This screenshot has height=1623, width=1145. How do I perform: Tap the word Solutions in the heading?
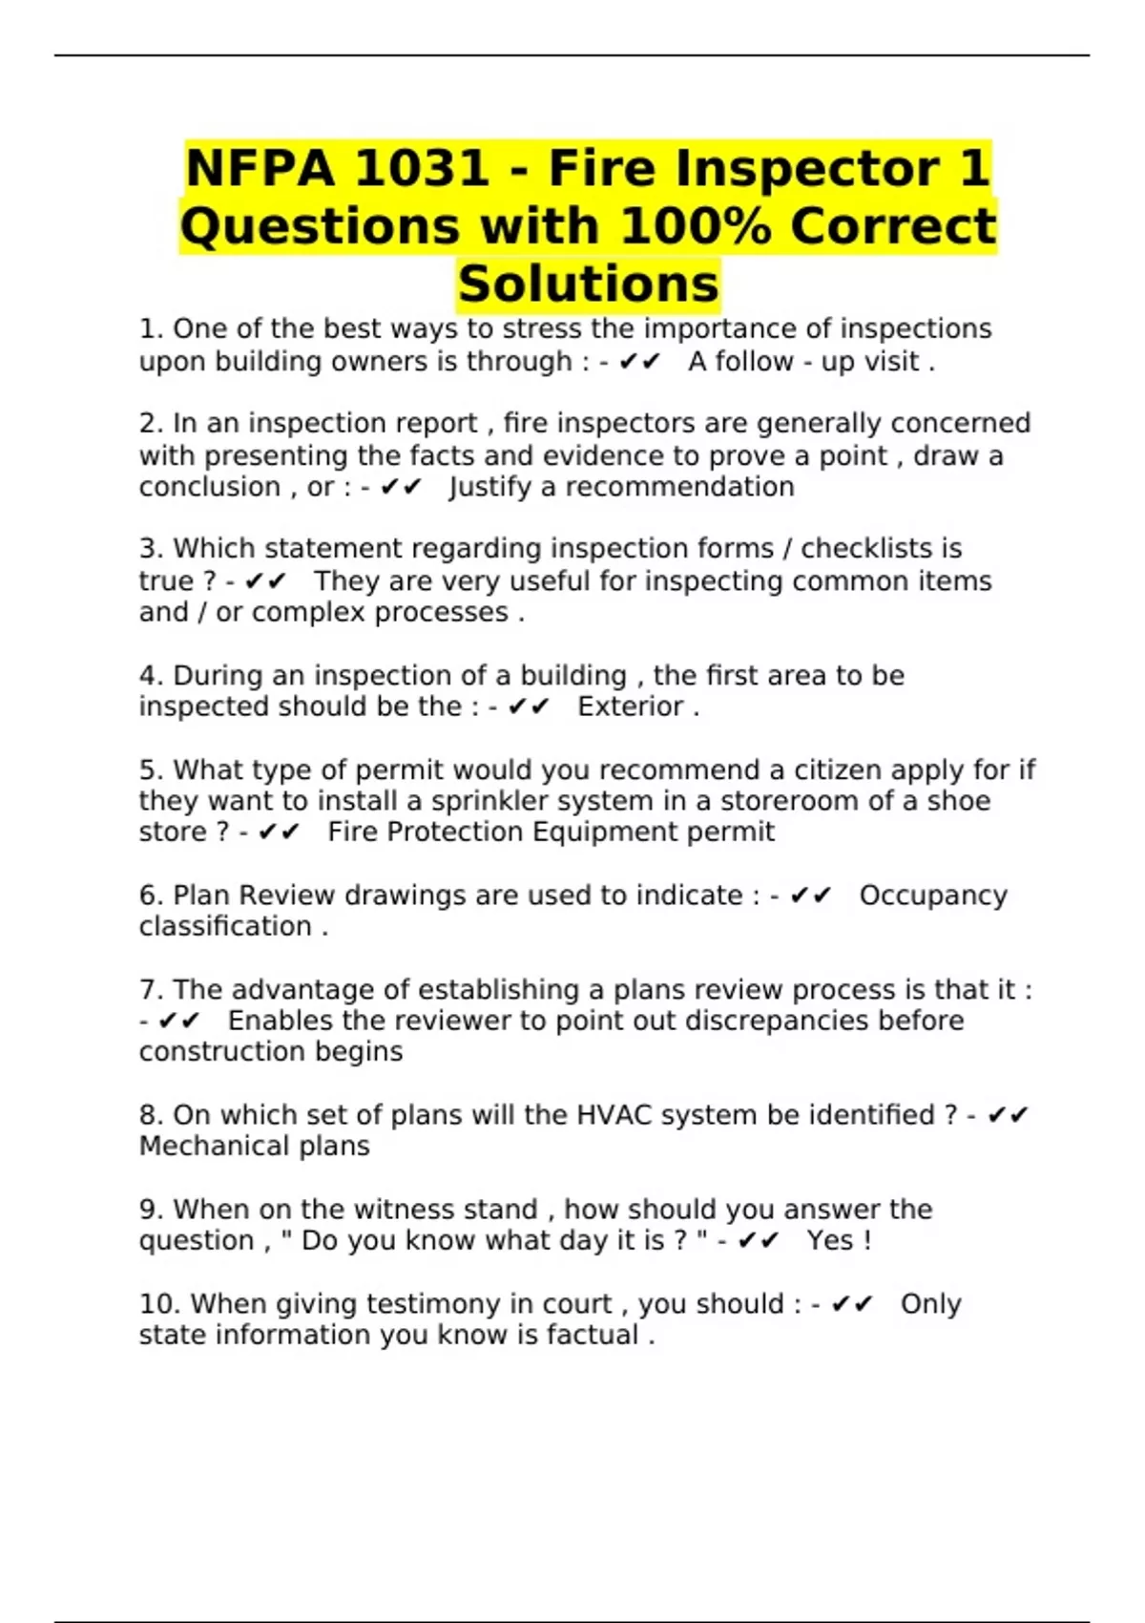588,284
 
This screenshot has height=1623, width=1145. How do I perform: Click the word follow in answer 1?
754,362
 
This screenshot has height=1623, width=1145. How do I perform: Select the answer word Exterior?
631,706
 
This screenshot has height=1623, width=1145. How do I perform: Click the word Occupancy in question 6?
932,896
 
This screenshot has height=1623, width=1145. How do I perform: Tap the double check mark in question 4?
529,706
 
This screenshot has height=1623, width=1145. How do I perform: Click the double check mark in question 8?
1008,1115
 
